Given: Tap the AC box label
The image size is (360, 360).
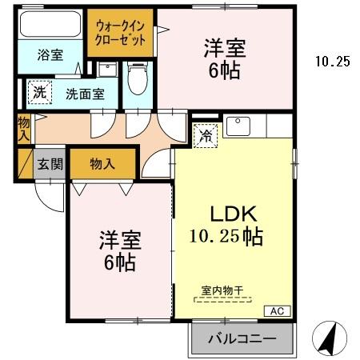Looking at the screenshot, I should (x=276, y=310).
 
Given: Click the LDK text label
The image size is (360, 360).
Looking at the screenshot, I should (x=232, y=214).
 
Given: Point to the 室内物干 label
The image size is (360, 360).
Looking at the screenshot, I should (x=222, y=292).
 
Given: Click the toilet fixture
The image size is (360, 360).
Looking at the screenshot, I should (x=138, y=80).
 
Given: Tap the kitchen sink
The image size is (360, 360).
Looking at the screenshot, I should (x=239, y=127).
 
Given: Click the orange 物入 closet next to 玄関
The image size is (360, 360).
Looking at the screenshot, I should (x=102, y=163).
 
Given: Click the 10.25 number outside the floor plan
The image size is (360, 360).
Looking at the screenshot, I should (x=332, y=61).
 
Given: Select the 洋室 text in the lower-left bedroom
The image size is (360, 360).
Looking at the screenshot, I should (x=120, y=239).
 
